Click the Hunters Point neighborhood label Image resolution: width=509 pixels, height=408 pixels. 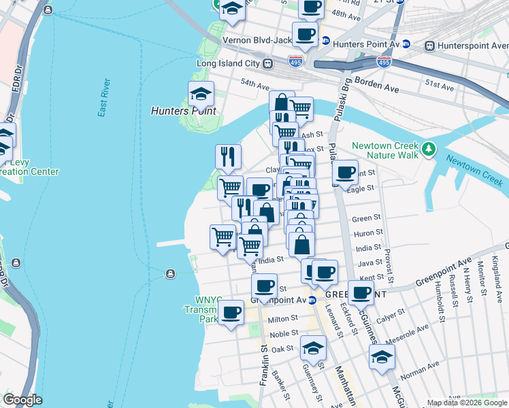pyautogui.click(x=183, y=111)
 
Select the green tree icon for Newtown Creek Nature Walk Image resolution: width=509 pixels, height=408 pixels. pyautogui.click(x=428, y=148)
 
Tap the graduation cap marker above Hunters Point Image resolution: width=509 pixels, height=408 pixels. pyautogui.click(x=201, y=95)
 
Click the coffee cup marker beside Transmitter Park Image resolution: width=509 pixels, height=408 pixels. pyautogui.click(x=231, y=313)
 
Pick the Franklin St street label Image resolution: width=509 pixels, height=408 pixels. pyautogui.click(x=263, y=367)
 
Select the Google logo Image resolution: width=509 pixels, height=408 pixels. pyautogui.click(x=22, y=400)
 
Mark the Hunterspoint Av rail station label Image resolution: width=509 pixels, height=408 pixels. pyautogui.click(x=468, y=46)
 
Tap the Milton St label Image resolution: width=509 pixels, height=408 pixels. pyautogui.click(x=283, y=318)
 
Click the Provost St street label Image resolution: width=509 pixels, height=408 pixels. pyautogui.click(x=389, y=265)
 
